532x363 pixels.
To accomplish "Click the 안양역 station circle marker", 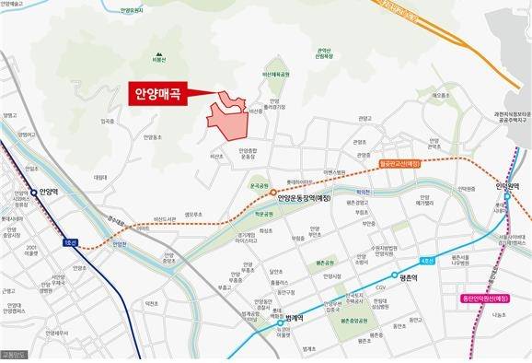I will tap(34, 193).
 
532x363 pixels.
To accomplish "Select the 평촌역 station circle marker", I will tap(397, 275).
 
